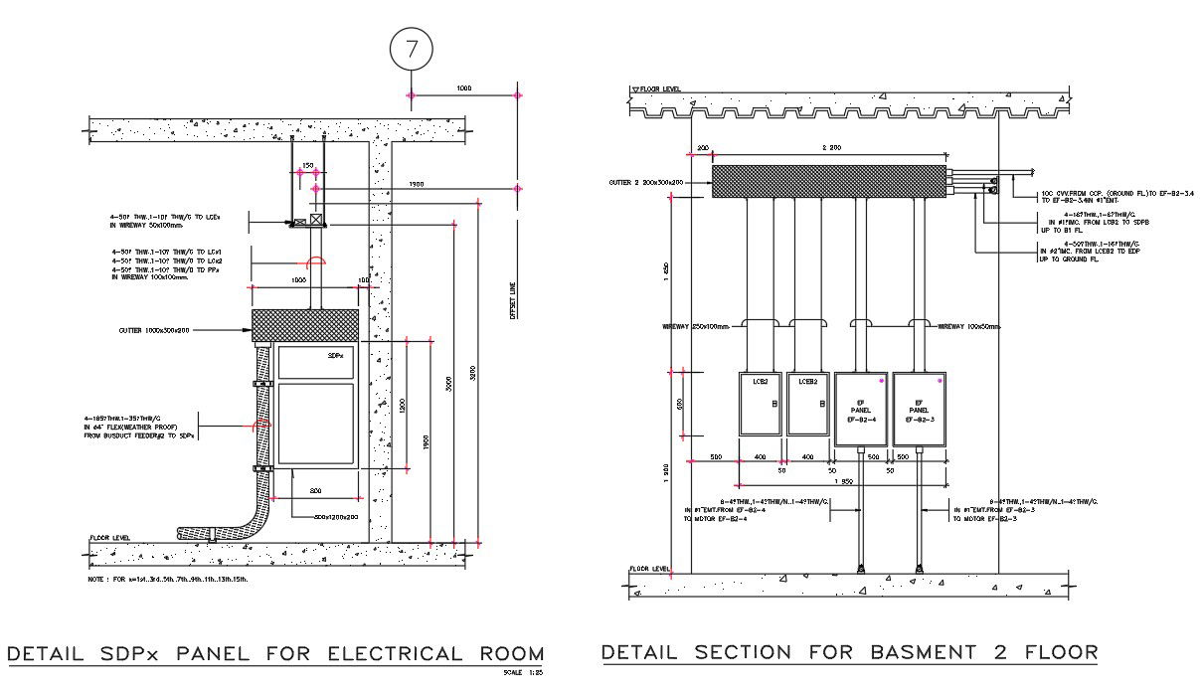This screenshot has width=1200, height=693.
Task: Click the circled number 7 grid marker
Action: [410, 48]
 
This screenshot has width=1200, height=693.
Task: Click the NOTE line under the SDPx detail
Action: [168, 579]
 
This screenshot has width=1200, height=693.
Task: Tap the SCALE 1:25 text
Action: [525, 673]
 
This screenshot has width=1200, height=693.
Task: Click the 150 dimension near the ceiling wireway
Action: [307, 166]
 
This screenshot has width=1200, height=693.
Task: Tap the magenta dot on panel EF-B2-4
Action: [881, 381]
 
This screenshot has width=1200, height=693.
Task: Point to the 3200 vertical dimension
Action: [473, 373]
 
